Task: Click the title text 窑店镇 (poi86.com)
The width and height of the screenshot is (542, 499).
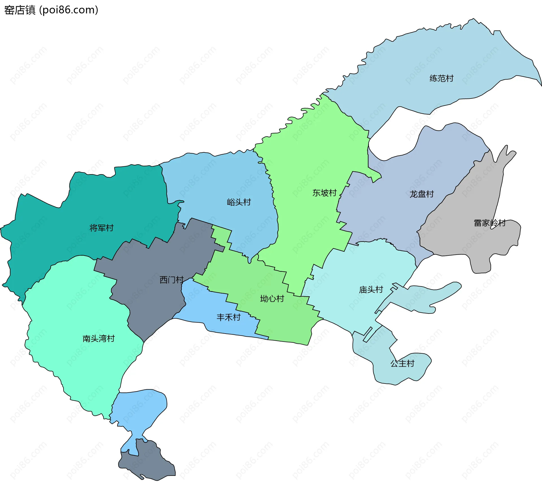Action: coord(51,10)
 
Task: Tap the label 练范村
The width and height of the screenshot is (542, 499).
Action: coord(442,78)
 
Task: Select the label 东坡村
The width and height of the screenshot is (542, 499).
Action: coord(324,193)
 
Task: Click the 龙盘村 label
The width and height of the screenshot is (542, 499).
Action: coord(421,194)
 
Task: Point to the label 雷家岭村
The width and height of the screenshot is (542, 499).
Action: coord(489,223)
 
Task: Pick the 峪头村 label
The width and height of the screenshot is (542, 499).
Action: coord(239,202)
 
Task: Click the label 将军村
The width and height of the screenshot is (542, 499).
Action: coord(101,228)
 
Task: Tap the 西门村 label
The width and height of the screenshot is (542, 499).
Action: coord(171,280)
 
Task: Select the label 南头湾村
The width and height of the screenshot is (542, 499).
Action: coord(99,338)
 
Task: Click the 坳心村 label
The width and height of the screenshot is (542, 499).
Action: coord(272,299)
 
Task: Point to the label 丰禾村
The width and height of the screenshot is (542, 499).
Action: coord(228,317)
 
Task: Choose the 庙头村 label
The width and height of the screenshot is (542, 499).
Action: coord(371,290)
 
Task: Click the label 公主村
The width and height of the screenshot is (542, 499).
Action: coord(402,363)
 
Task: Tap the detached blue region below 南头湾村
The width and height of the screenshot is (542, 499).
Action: coord(141,409)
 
